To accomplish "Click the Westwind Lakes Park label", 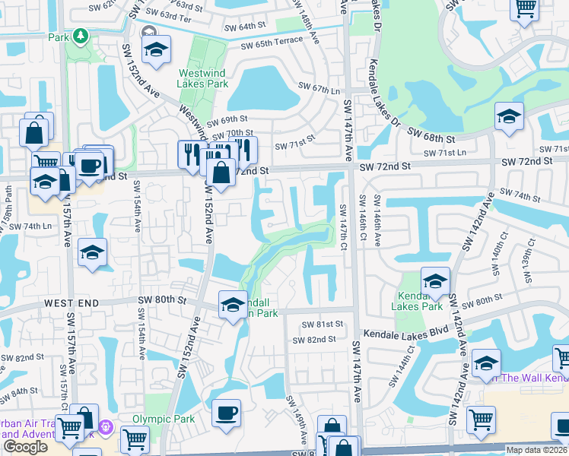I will (202, 78).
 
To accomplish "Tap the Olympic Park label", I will (163, 419).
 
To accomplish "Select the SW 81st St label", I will (323, 324).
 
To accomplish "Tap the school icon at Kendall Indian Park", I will (233, 306).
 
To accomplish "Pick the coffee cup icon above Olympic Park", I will (227, 413).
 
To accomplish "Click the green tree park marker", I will (79, 36).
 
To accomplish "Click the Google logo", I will (25, 447).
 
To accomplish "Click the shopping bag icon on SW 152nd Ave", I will (221, 172).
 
